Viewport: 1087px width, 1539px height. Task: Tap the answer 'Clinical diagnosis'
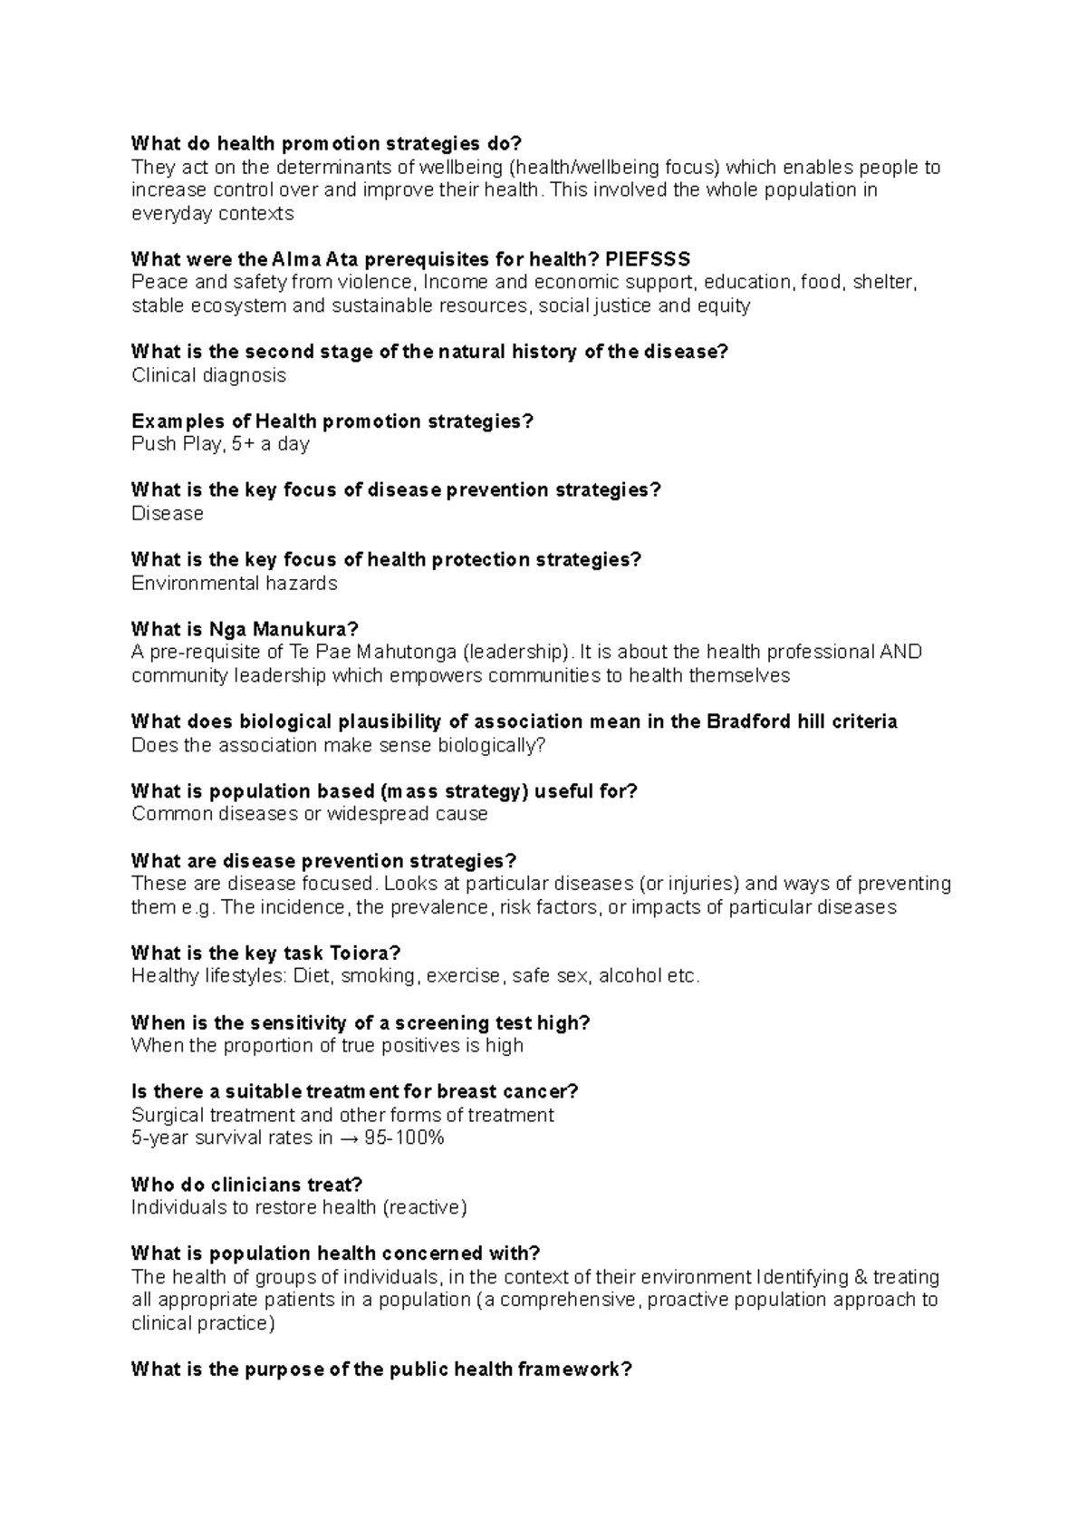tap(208, 375)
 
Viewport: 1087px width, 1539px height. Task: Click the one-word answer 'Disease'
tap(168, 514)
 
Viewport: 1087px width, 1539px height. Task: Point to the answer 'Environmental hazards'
tap(234, 584)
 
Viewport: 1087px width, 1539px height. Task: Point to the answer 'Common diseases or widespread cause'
tap(309, 814)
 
